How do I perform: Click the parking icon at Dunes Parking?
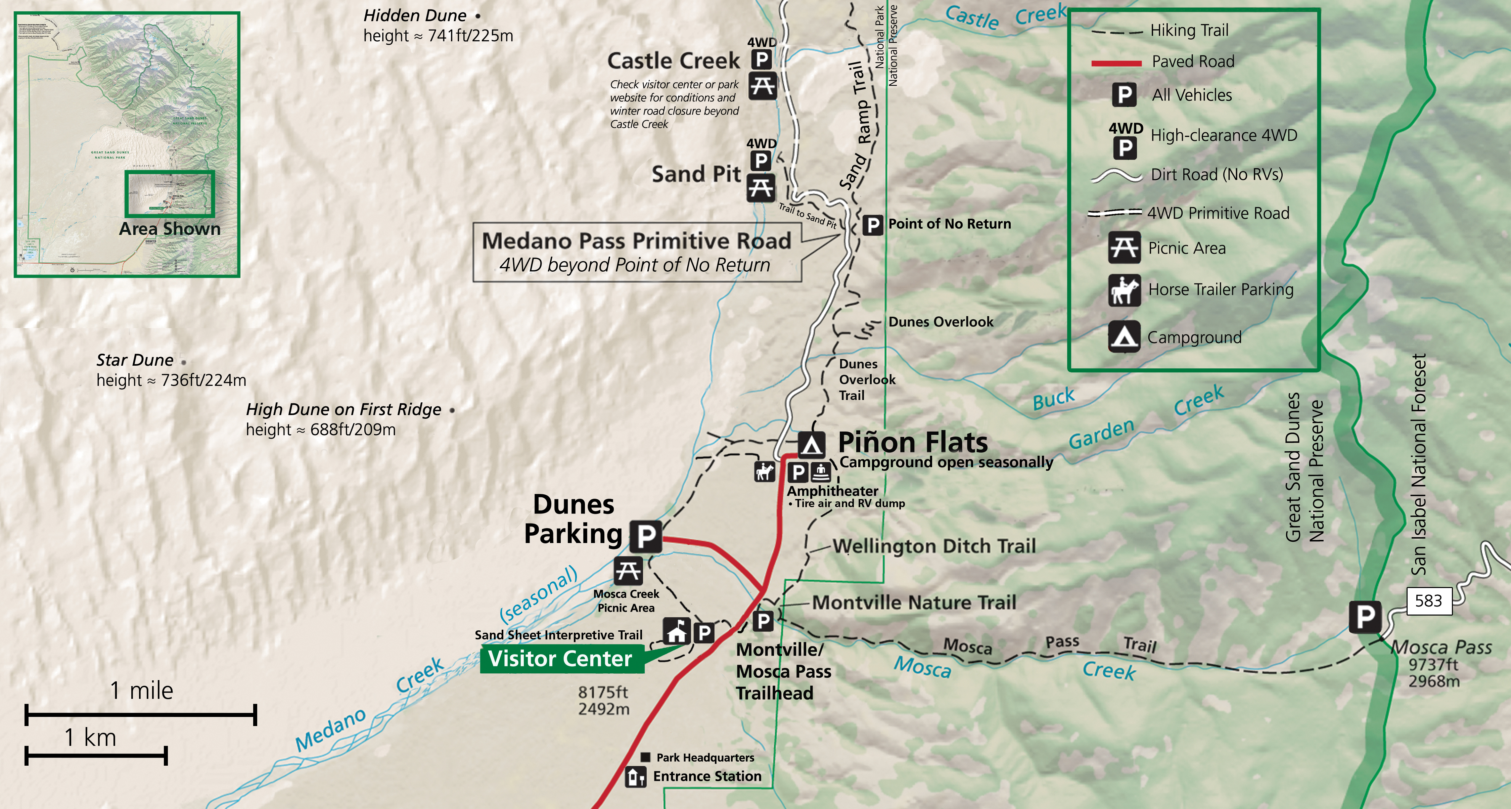click(646, 536)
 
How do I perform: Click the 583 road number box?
click(1428, 601)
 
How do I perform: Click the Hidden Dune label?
click(415, 15)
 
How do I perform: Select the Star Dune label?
click(135, 360)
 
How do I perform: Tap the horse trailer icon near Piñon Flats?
click(764, 471)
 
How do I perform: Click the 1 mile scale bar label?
click(142, 690)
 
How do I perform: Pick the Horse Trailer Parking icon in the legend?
click(1124, 290)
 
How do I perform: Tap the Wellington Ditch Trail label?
click(934, 546)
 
